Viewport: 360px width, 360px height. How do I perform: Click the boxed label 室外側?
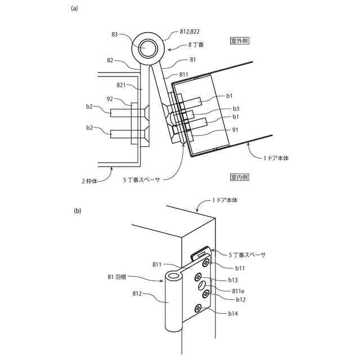[240, 41]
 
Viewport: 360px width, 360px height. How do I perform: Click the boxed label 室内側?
[240, 177]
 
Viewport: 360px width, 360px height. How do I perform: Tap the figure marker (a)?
[74, 8]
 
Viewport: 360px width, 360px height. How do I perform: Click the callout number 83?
[115, 34]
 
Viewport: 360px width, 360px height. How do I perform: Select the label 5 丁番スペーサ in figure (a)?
[142, 181]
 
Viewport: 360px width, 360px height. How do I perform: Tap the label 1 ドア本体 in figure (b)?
[228, 201]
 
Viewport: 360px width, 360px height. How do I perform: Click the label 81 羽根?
[119, 276]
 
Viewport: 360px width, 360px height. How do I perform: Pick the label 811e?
[238, 290]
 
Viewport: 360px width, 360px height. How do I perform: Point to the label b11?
[240, 268]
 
